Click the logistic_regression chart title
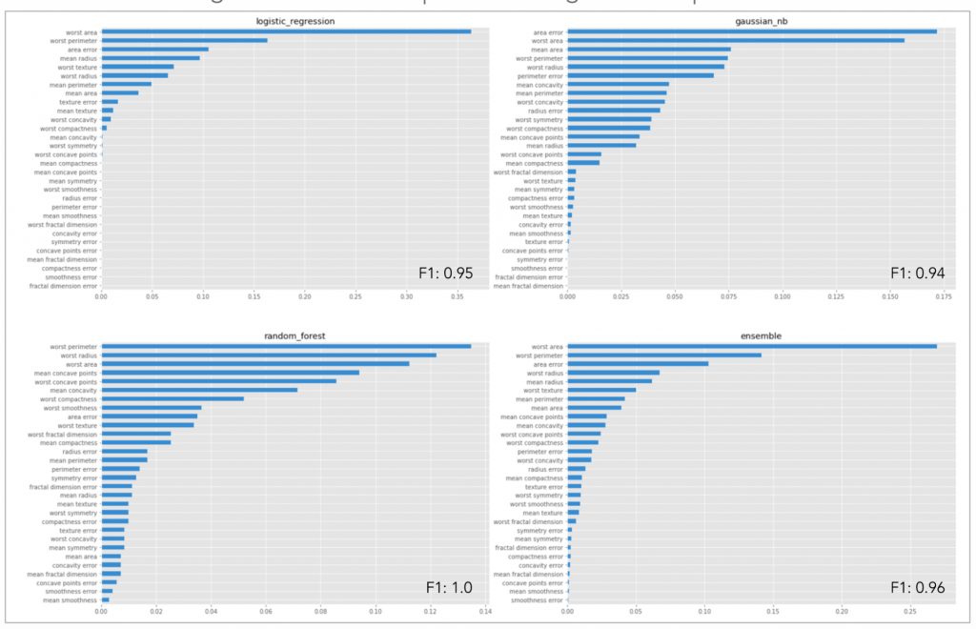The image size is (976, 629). point(293,20)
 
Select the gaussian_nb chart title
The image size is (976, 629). point(759,20)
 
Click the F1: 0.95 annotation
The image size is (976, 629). point(446,273)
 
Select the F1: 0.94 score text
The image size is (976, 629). point(917,273)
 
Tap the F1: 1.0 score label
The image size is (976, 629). point(449,588)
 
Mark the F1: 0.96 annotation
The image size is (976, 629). point(917,588)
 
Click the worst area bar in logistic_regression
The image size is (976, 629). point(286,31)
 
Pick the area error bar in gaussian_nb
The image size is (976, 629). point(752,31)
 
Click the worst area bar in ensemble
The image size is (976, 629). point(752,346)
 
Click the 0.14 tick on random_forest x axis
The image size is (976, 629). point(484,611)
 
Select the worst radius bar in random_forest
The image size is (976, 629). point(269,355)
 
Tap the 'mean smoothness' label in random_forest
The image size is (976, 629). point(68,600)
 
